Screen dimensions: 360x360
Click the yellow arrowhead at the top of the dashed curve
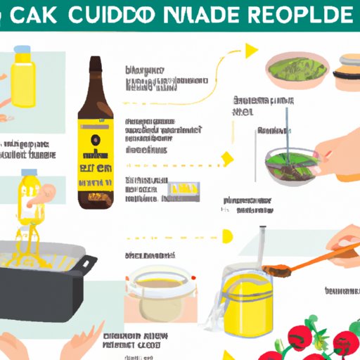pos(250,50)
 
